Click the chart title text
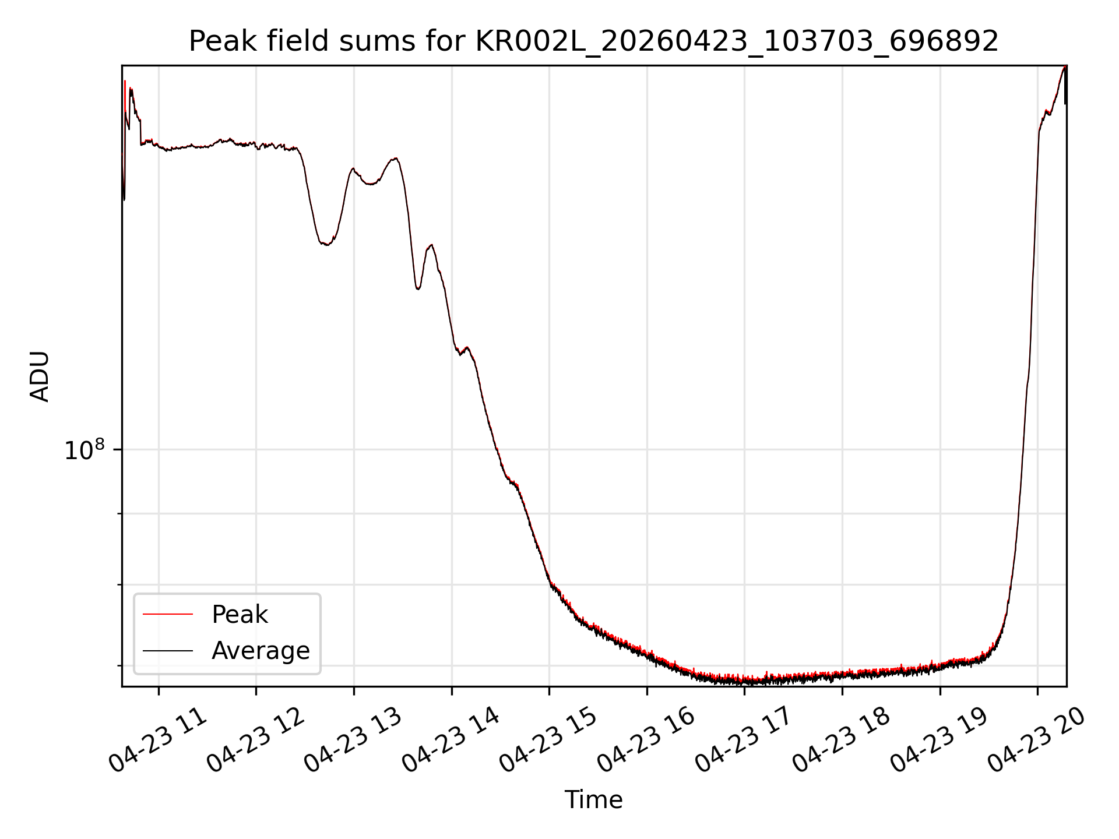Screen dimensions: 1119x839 [594, 41]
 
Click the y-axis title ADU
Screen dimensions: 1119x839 [40, 376]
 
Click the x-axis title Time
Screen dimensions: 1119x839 [593, 800]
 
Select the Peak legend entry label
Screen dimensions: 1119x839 [240, 615]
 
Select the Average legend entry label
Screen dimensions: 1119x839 [261, 651]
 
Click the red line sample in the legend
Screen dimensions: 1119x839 [168, 614]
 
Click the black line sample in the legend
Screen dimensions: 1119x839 [168, 650]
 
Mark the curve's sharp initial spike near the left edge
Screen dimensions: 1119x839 [125, 82]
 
